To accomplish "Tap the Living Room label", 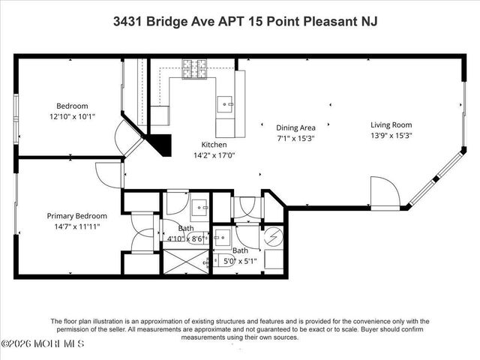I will (391, 125).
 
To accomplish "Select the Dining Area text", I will (295, 127).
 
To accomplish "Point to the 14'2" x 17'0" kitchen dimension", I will (213, 156).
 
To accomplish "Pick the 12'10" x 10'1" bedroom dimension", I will (67, 117).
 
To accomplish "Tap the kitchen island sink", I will (226, 103).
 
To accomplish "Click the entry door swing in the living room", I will (384, 193).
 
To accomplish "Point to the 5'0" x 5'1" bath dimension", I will (240, 262).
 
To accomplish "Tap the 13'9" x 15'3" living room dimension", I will (391, 136).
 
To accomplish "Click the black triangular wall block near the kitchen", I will (159, 142).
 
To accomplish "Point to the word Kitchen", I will (214, 145).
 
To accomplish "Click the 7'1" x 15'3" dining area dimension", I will (295, 138).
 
